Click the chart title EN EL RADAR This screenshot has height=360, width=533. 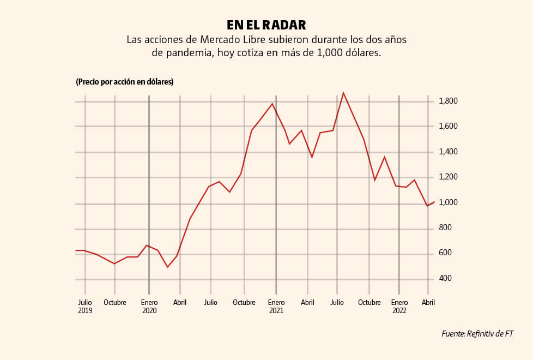pyautogui.click(x=266, y=25)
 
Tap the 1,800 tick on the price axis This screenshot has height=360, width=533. pyautogui.click(x=448, y=101)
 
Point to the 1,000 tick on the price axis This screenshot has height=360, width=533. pyautogui.click(x=448, y=202)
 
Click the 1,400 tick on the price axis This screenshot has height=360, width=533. pyautogui.click(x=448, y=152)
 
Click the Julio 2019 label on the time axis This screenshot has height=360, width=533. pyautogui.click(x=85, y=307)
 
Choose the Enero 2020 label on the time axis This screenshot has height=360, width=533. pyautogui.click(x=149, y=307)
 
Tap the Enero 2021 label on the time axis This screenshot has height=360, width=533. pyautogui.click(x=276, y=307)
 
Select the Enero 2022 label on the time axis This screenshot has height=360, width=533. pyautogui.click(x=399, y=307)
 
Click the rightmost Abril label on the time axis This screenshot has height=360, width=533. pyautogui.click(x=428, y=302)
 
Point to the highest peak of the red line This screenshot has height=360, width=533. pyautogui.click(x=343, y=93)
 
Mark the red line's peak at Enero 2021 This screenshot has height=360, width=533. pyautogui.click(x=272, y=104)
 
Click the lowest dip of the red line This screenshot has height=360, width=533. pyautogui.click(x=168, y=267)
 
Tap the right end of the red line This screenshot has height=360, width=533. pyautogui.click(x=434, y=202)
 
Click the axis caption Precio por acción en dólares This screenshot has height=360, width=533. pyautogui.click(x=125, y=82)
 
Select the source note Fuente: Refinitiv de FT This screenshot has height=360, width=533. pyautogui.click(x=477, y=334)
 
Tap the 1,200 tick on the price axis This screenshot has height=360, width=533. pyautogui.click(x=448, y=177)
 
